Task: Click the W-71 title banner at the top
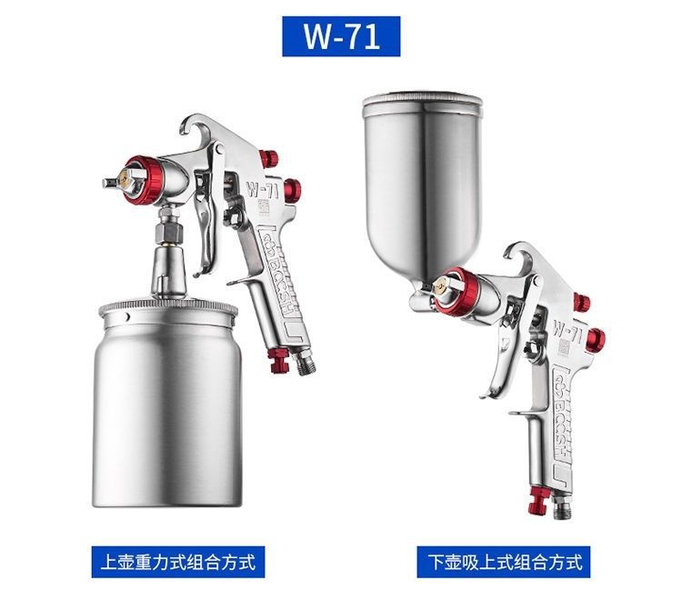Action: click(x=340, y=37)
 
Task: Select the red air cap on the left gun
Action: click(x=141, y=181)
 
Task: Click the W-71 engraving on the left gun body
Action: click(x=260, y=192)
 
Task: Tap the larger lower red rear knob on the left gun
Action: click(x=291, y=190)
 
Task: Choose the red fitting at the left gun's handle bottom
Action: click(x=279, y=363)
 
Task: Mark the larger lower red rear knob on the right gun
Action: click(x=595, y=340)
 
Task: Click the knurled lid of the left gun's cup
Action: click(x=168, y=307)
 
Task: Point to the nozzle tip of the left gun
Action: click(x=109, y=182)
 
